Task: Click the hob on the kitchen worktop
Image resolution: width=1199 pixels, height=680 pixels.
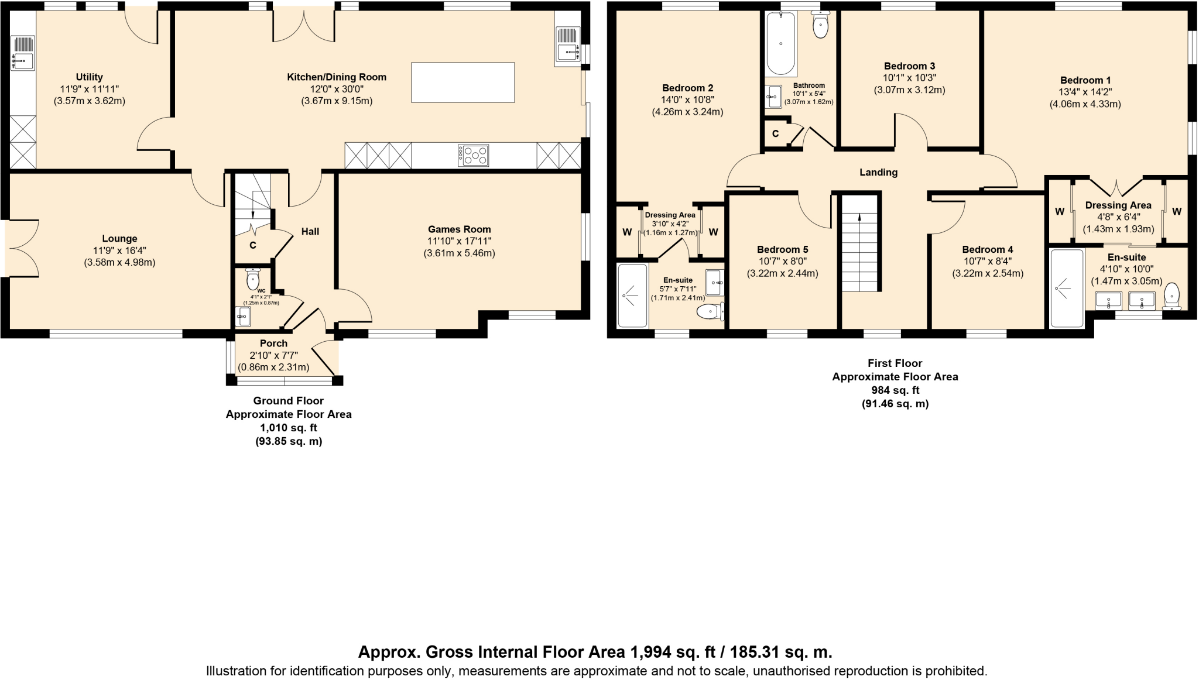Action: coord(474,156)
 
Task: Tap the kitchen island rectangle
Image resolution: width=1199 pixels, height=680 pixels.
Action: coord(463,83)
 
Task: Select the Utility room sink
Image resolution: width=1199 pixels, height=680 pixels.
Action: coord(23,53)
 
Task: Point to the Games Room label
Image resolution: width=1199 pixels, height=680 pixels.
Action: coord(459,229)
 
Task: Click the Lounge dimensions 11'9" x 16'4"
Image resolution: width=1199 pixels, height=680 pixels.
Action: coord(119,250)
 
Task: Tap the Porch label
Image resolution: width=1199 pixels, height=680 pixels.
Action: coord(273,344)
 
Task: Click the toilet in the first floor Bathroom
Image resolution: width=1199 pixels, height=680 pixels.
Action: coord(821,25)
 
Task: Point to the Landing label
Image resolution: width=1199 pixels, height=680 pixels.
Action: coord(878,172)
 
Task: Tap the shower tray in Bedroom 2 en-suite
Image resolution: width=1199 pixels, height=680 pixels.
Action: coord(633,296)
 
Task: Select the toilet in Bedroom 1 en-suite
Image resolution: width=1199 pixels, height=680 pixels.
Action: coord(1172,296)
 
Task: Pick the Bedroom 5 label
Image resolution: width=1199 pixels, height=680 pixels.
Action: coord(782,249)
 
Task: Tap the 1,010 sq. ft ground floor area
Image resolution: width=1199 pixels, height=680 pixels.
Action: coord(289,428)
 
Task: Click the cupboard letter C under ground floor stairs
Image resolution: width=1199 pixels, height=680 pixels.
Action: coord(253,245)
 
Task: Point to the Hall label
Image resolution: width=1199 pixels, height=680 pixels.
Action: coord(310,232)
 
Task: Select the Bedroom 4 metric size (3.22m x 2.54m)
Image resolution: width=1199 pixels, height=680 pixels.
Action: coord(987,273)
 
